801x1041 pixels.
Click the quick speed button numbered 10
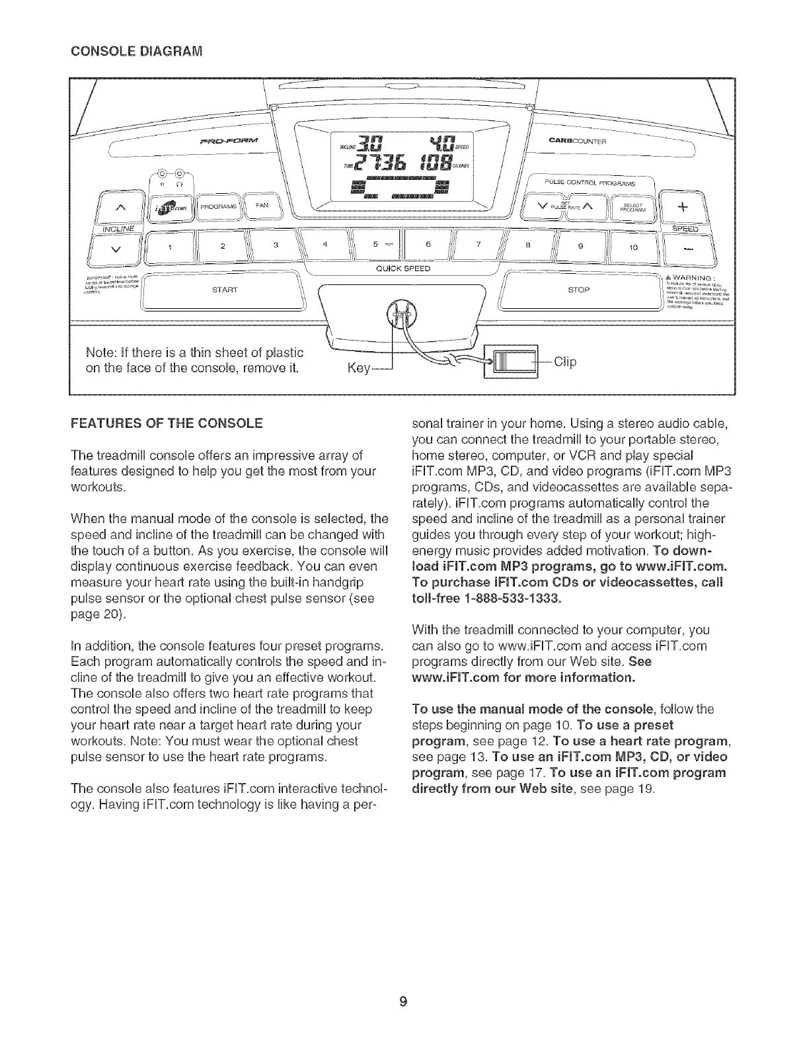pos(632,247)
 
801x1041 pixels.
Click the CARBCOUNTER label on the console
pos(578,141)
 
